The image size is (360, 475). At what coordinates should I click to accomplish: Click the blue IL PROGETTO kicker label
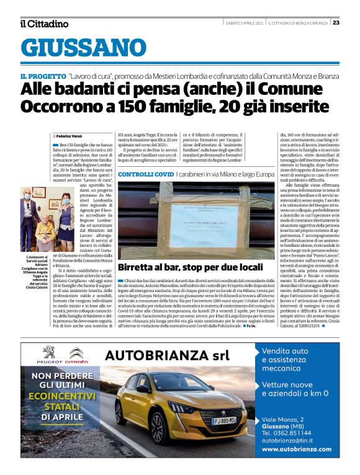click(x=42, y=75)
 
